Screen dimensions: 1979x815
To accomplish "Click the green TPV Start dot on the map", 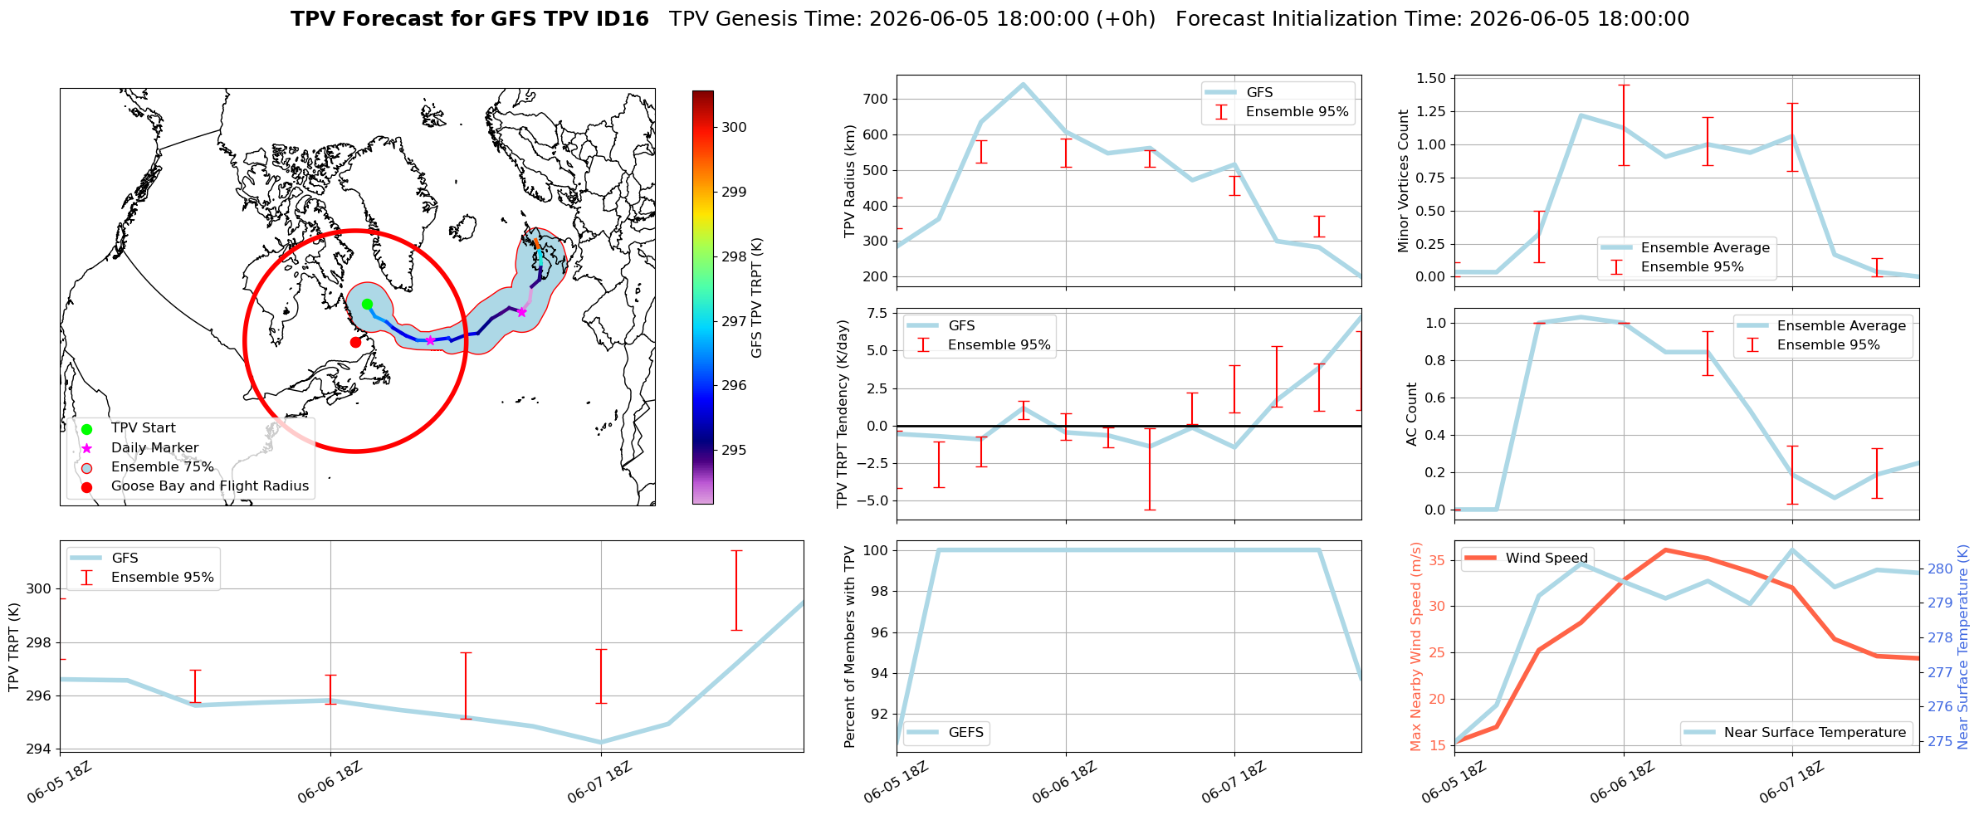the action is [367, 305].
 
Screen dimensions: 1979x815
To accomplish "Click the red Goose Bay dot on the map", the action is [355, 342].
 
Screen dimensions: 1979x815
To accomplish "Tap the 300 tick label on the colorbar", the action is [734, 127].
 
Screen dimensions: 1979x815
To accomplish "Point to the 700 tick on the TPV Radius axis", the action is [877, 99].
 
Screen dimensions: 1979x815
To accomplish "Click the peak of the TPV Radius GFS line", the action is [1023, 84].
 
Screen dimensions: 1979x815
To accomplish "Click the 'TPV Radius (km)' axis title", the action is [849, 181].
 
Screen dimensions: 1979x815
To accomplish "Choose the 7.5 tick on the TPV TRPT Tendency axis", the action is [878, 313].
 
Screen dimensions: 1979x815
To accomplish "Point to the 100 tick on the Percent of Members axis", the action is [877, 550].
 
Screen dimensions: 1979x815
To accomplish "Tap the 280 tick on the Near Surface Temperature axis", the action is [1940, 569].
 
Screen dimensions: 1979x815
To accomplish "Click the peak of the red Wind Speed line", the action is [1665, 549].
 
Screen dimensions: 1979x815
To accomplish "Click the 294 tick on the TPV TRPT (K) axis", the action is [38, 749].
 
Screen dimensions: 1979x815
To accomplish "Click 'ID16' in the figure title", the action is [619, 19].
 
